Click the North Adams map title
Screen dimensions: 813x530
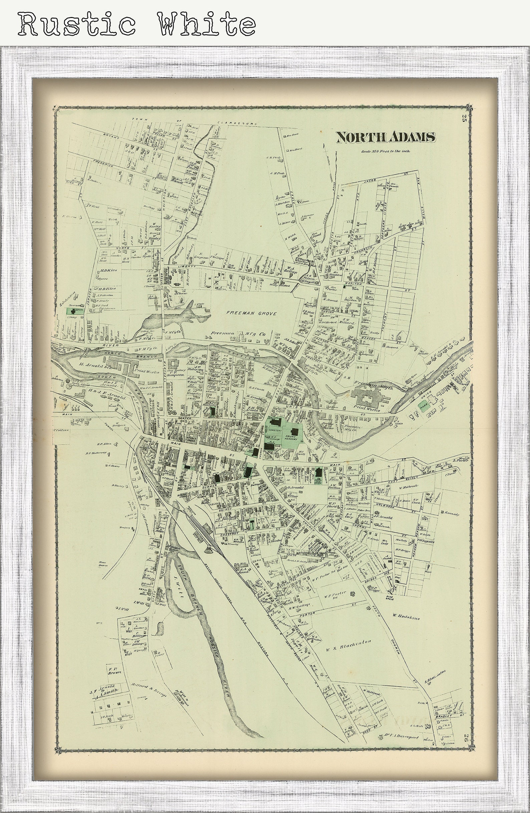pyautogui.click(x=385, y=137)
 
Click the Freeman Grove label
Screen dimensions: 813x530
pyautogui.click(x=251, y=313)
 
